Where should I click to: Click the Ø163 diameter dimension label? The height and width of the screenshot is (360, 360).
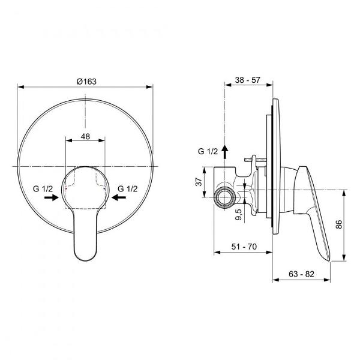pyautogui.click(x=86, y=82)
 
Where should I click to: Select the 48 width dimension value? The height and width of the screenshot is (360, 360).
pyautogui.click(x=85, y=137)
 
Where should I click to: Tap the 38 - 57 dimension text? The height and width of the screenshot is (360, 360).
pyautogui.click(x=247, y=80)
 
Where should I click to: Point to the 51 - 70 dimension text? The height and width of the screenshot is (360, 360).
pyautogui.click(x=244, y=247)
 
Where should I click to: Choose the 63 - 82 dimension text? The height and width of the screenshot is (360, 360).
pyautogui.click(x=301, y=274)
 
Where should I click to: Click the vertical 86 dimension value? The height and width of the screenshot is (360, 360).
pyautogui.click(x=338, y=224)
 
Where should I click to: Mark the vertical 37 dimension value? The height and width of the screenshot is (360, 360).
pyautogui.click(x=199, y=182)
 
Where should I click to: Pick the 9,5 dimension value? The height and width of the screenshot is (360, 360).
pyautogui.click(x=239, y=214)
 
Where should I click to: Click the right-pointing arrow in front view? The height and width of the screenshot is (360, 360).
pyautogui.click(x=52, y=197)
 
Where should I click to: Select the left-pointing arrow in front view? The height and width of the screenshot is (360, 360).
pyautogui.click(x=119, y=197)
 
